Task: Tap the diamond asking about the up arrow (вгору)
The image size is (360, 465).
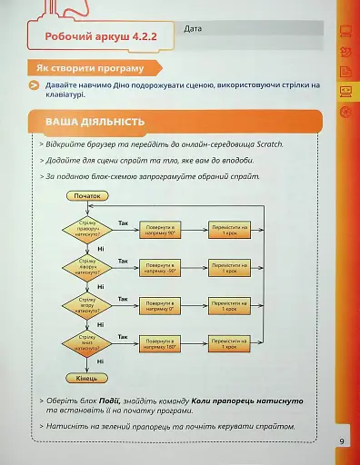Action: click(x=89, y=304)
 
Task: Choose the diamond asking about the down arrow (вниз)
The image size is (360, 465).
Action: click(x=89, y=342)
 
